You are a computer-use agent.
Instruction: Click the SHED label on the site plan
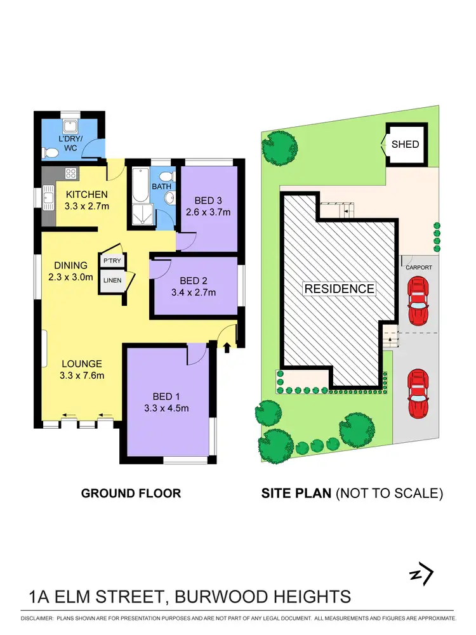405,144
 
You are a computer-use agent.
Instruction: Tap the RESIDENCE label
340,289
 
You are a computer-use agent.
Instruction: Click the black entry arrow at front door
227,346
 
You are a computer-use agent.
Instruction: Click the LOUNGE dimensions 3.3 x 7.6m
83,375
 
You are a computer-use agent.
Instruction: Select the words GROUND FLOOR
131,493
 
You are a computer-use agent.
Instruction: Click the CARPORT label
419,268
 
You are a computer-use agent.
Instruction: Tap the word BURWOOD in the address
215,597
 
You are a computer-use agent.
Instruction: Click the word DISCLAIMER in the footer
36,617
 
